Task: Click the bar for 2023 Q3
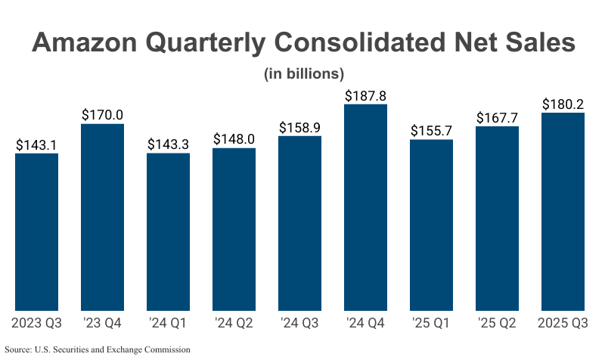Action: (x=36, y=231)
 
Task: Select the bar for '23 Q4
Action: (x=102, y=217)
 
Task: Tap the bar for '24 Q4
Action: (x=365, y=207)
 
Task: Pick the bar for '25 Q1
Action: (x=431, y=225)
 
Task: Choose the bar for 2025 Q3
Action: (x=563, y=212)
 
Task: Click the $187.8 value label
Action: (x=365, y=96)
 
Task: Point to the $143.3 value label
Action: (x=168, y=144)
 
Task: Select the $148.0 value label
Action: (x=234, y=140)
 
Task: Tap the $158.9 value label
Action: (x=299, y=128)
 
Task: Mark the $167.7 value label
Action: (x=497, y=118)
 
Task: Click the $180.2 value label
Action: (x=563, y=104)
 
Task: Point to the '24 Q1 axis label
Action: (x=168, y=324)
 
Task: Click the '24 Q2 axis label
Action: (x=234, y=324)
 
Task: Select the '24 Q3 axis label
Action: (x=299, y=324)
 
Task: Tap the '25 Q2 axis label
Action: (x=497, y=324)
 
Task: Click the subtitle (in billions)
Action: (x=303, y=73)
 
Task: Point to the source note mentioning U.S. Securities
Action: (x=97, y=349)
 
